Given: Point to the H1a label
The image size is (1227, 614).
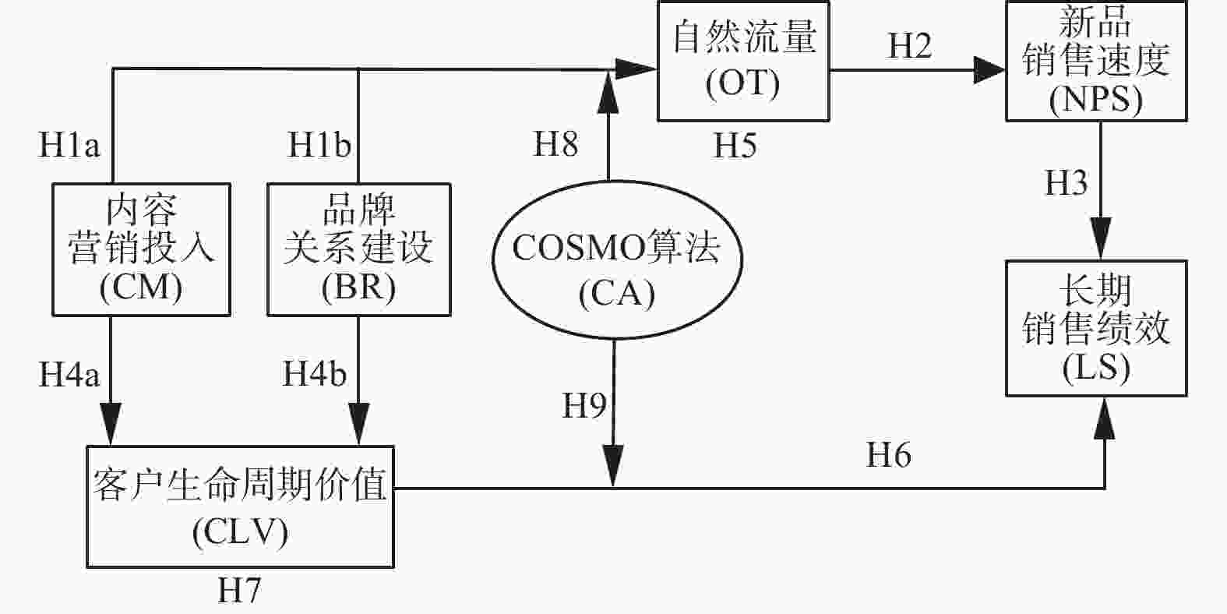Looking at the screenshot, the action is [69, 145].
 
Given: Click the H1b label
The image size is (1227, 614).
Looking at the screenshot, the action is [319, 145].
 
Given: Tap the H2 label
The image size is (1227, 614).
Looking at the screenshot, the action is [909, 45].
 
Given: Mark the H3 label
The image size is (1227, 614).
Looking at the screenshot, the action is [1066, 182].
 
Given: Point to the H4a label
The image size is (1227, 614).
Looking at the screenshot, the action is [69, 375].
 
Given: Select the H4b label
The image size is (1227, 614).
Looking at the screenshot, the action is [315, 373].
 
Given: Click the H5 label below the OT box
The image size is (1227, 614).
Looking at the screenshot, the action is [735, 146].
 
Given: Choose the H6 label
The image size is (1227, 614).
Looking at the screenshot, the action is [888, 454].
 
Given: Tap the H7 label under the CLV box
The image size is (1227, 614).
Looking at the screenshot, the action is [239, 590].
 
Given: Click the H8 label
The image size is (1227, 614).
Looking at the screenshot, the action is [555, 143].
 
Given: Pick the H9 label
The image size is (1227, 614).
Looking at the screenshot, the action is [584, 405].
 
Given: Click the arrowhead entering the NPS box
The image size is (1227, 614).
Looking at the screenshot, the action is [989, 70].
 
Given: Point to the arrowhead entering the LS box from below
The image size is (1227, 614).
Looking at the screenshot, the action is [1105, 419].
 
